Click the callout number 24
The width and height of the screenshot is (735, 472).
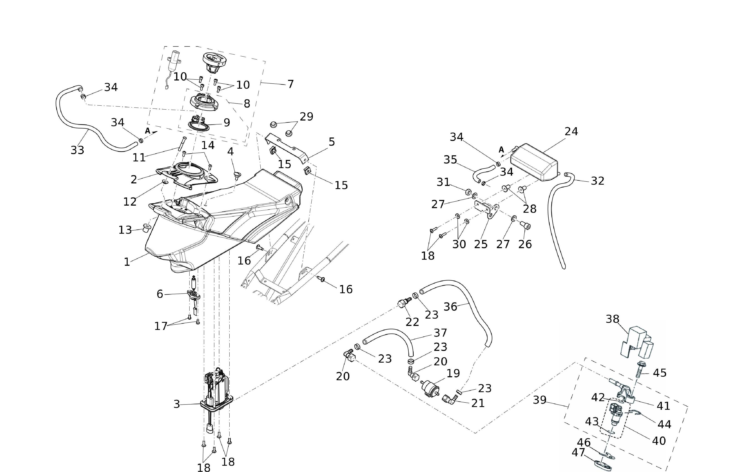571,131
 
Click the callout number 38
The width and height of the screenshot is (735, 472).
612,319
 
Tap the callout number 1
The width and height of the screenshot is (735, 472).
127,262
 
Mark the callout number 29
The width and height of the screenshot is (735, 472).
306,117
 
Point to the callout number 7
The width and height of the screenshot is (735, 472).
290,84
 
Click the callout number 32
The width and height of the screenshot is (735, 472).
597,181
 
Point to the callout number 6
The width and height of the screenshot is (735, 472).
160,294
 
